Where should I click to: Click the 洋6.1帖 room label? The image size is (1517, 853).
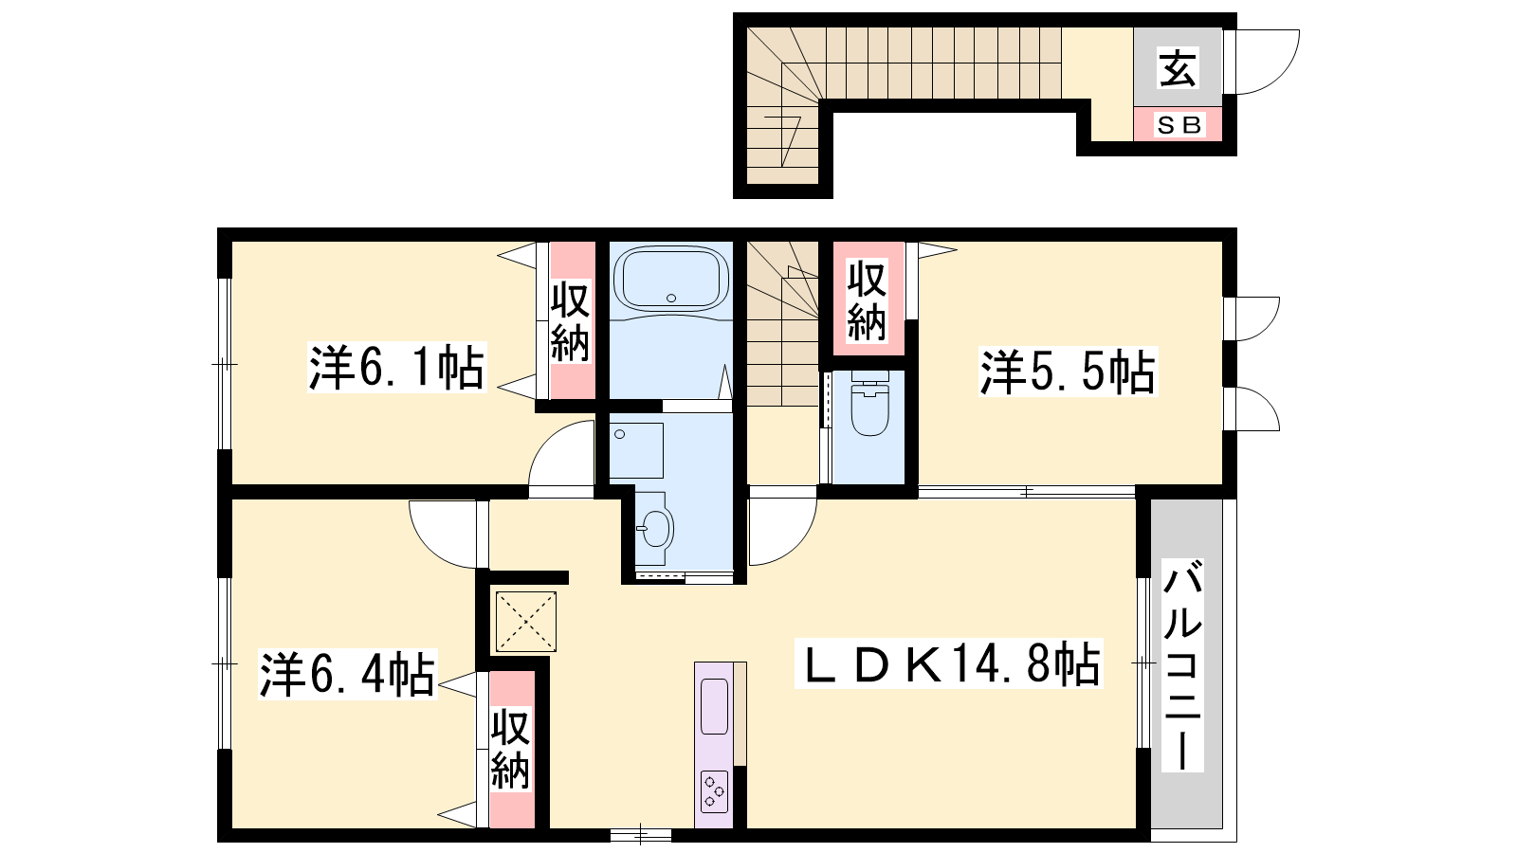click(397, 368)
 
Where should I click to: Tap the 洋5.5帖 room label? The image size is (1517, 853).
click(1068, 372)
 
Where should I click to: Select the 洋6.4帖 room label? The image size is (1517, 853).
click(347, 675)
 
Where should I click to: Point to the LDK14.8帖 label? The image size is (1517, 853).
click(949, 663)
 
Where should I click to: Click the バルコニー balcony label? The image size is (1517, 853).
click(1182, 664)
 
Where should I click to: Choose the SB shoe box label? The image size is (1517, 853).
click(1179, 124)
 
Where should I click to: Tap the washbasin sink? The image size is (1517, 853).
click(655, 528)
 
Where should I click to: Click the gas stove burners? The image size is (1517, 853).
click(714, 791)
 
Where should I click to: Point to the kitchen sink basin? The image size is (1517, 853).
click(714, 706)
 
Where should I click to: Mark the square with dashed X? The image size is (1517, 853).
click(526, 622)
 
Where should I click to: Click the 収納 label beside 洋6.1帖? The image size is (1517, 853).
click(570, 323)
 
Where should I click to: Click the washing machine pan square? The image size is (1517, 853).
click(636, 451)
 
